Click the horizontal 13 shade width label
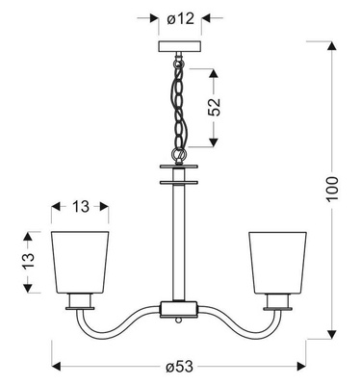pos(82,205)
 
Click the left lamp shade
pos(82,262)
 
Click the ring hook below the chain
pos(178,153)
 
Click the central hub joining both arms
pos(178,309)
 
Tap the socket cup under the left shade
pos(82,304)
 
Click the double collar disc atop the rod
pos(178,176)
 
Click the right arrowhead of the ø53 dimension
pos(306,366)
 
